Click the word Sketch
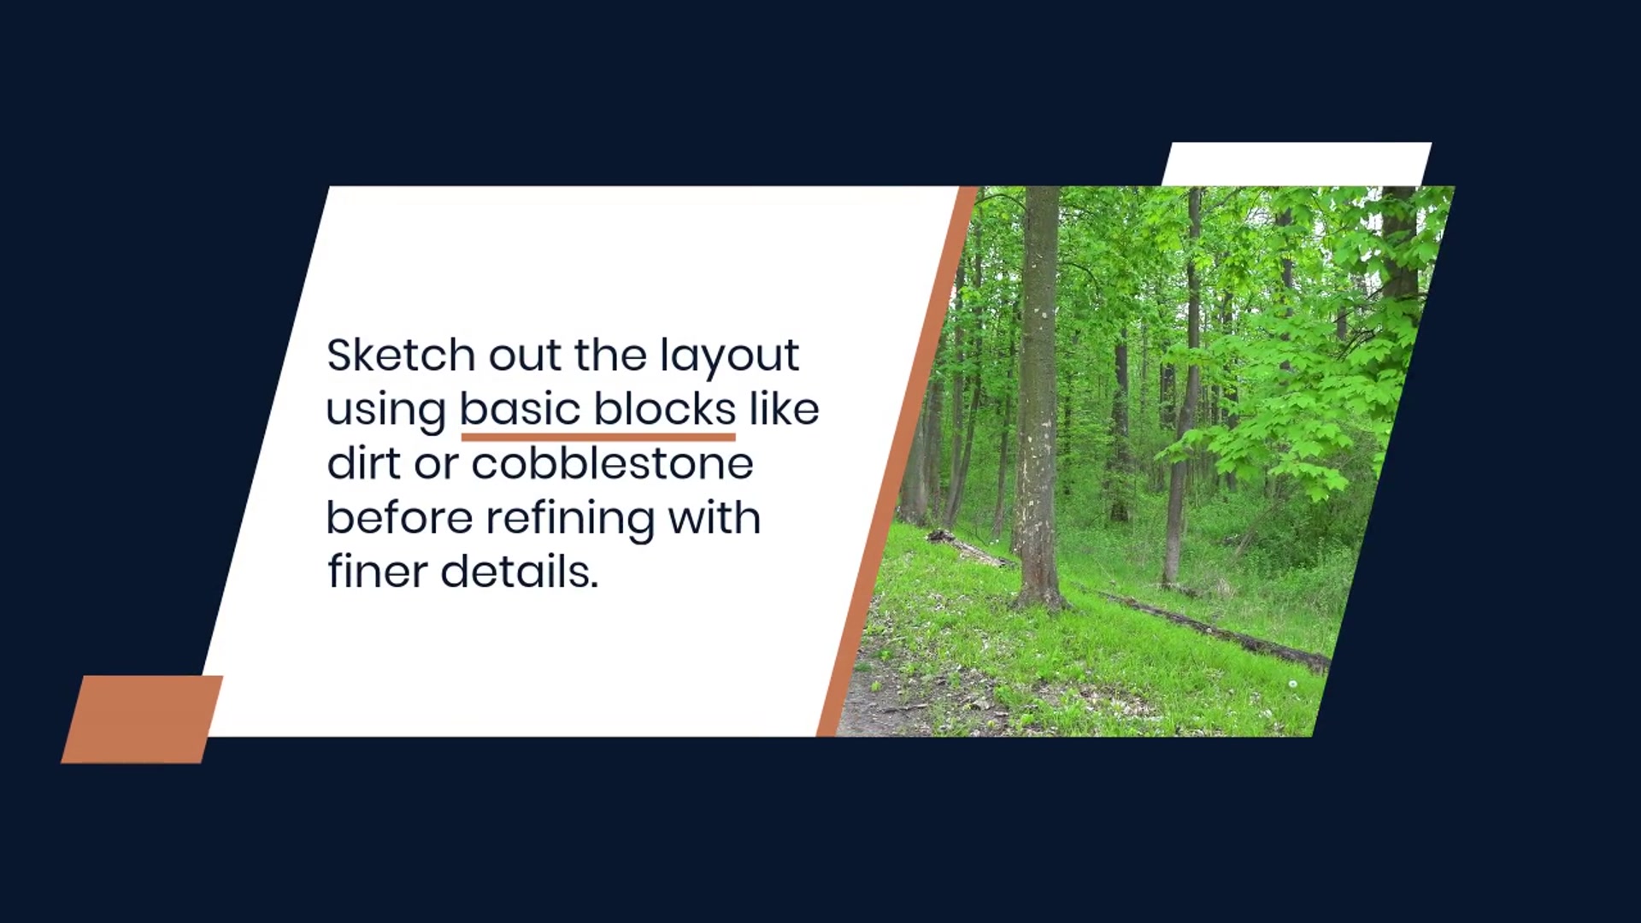(401, 355)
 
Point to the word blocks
(665, 409)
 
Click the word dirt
(364, 463)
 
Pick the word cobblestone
(612, 463)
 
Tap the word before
(400, 517)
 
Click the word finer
(377, 571)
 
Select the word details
(520, 571)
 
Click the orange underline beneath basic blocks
(598, 437)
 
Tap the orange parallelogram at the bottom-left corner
(142, 719)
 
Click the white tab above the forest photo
(1296, 164)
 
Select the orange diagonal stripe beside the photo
(897, 461)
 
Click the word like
(785, 409)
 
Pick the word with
(715, 517)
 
